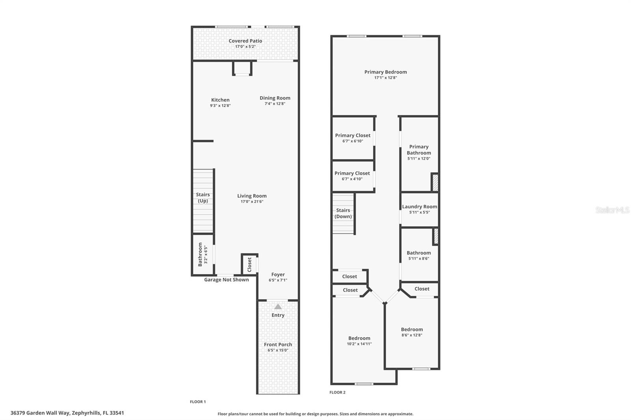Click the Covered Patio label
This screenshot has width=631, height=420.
pyautogui.click(x=245, y=41)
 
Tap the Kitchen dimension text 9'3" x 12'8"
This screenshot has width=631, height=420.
pyautogui.click(x=220, y=106)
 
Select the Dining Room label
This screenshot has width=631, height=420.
pyautogui.click(x=275, y=98)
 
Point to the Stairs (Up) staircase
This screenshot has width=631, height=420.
pyautogui.click(x=203, y=201)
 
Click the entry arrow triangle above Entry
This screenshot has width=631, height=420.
pyautogui.click(x=278, y=307)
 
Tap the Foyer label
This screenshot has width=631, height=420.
pyautogui.click(x=278, y=275)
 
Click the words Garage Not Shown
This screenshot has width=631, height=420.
pyautogui.click(x=226, y=280)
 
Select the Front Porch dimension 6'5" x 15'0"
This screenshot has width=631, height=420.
pyautogui.click(x=278, y=350)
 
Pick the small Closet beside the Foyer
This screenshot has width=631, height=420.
pyautogui.click(x=249, y=264)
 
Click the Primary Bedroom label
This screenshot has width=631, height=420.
pyautogui.click(x=385, y=72)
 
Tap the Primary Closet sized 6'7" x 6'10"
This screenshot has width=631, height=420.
pyautogui.click(x=353, y=138)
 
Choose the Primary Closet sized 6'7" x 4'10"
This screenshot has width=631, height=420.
pyautogui.click(x=352, y=176)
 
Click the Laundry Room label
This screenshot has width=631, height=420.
pyautogui.click(x=420, y=206)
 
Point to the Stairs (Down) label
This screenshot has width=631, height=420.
pyautogui.click(x=343, y=213)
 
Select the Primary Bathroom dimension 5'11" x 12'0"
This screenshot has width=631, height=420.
pyautogui.click(x=419, y=159)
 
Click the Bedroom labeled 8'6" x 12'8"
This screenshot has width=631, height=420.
pyautogui.click(x=412, y=332)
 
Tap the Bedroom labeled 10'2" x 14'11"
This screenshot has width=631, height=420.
pyautogui.click(x=359, y=340)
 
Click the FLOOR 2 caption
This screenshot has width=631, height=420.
pyautogui.click(x=337, y=392)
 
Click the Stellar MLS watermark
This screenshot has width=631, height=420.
pyautogui.click(x=612, y=210)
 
